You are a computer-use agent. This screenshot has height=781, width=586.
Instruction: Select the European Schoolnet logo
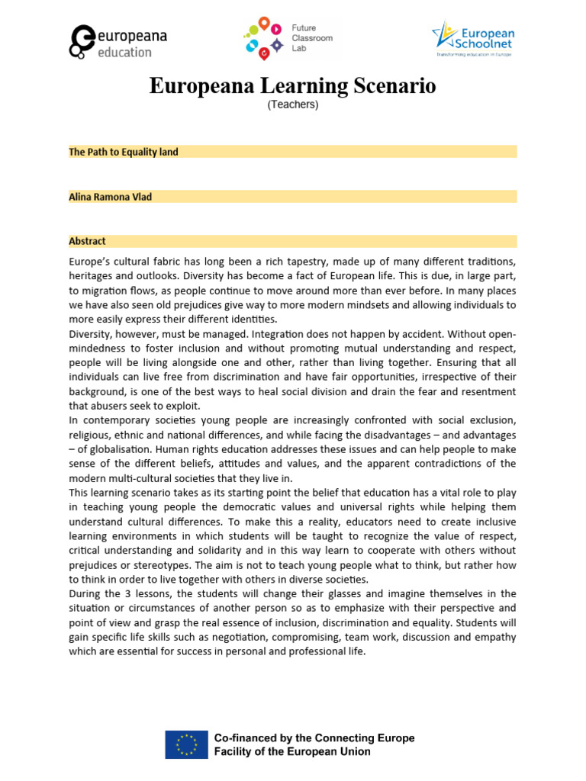point(473,39)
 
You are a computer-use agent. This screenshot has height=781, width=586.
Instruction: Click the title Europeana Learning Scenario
point(292,86)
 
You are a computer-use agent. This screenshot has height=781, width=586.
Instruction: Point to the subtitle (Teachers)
point(292,105)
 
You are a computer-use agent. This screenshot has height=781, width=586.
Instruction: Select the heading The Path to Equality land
point(124,152)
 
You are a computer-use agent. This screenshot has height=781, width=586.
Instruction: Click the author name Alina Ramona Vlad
point(111,197)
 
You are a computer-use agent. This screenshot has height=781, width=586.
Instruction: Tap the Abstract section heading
point(87,241)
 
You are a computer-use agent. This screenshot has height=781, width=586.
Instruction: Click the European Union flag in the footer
point(186,744)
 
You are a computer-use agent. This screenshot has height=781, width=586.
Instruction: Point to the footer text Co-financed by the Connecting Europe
point(314,738)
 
